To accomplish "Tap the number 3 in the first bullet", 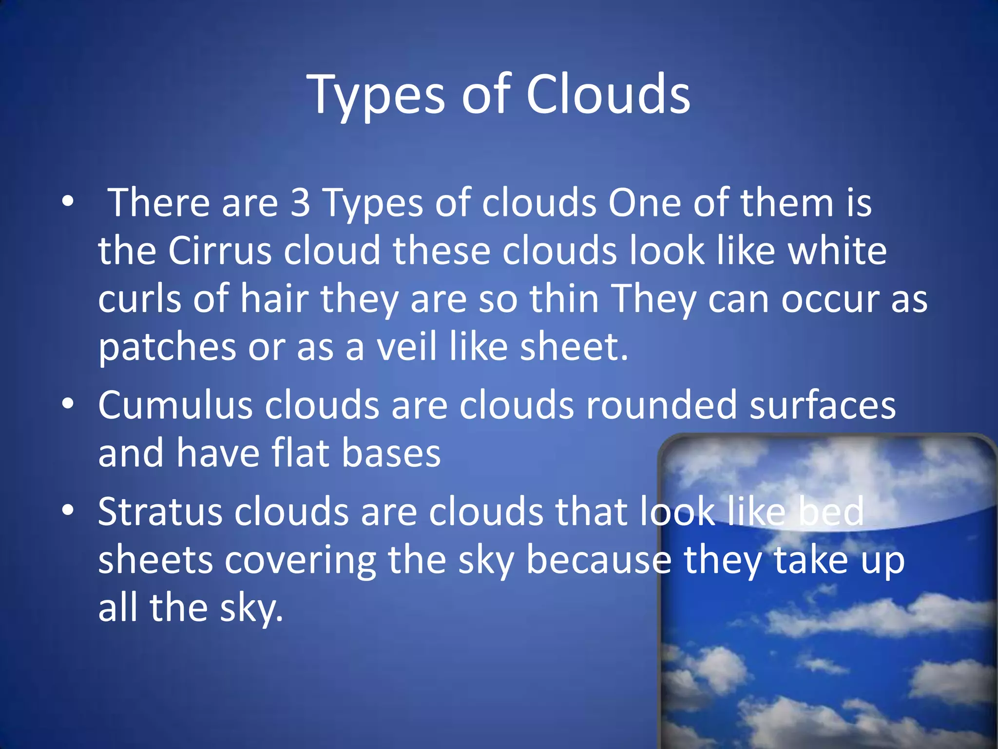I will (300, 203).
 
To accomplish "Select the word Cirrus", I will (220, 251).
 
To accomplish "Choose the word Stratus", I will (160, 512).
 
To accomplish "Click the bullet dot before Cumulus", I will (68, 404).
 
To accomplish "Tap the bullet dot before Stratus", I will (68, 510).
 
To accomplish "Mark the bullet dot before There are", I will (68, 201).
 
